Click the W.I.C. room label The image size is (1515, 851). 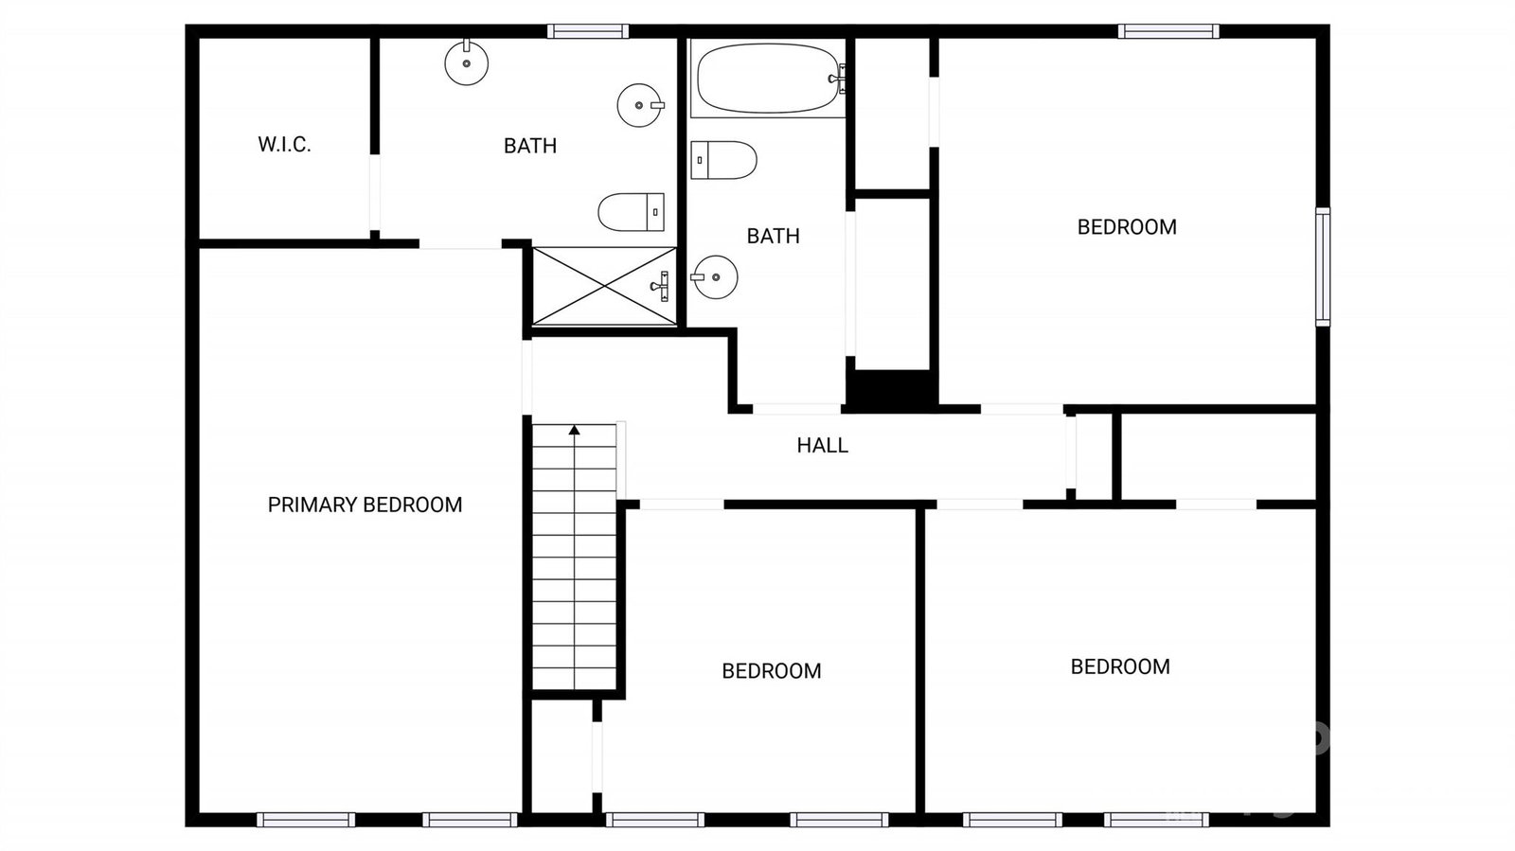(284, 144)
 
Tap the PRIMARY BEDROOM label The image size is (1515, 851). (365, 505)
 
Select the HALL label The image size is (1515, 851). (822, 446)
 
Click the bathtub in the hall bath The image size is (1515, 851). (768, 79)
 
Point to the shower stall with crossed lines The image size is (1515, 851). (604, 286)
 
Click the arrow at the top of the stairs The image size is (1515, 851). (574, 430)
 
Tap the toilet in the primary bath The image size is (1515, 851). (631, 212)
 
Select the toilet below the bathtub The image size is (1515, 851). (723, 160)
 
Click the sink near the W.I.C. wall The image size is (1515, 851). (467, 62)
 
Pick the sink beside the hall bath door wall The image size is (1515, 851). (714, 277)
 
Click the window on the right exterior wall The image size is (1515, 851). (1323, 267)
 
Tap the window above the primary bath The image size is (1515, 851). (588, 31)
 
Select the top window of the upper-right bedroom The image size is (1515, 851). (1168, 31)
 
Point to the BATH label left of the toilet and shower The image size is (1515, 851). (530, 146)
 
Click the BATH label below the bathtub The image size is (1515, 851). (773, 236)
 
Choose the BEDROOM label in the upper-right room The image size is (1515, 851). (1127, 227)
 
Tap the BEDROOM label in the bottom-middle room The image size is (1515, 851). (771, 671)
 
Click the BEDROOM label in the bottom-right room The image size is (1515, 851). (1120, 667)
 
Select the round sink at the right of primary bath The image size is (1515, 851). (640, 105)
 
